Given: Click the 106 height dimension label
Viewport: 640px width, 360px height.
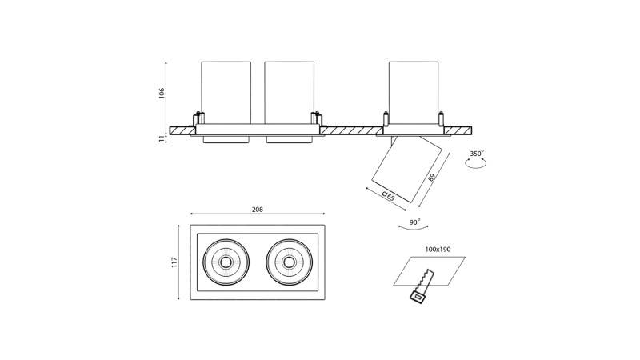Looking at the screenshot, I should click(162, 93).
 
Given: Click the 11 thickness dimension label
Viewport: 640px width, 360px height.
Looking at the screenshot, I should click(162, 138).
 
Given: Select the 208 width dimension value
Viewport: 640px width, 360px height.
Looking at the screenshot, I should click(257, 210).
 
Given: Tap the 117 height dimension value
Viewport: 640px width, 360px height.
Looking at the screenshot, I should click(174, 262).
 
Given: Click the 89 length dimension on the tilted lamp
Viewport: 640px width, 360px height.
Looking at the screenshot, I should click(432, 177).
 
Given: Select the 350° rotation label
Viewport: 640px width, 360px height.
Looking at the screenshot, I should click(477, 153).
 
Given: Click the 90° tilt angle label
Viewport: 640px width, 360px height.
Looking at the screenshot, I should click(414, 222).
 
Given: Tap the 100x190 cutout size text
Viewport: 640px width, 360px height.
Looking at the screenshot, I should click(438, 250).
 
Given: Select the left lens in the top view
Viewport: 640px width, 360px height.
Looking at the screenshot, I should click(226, 262).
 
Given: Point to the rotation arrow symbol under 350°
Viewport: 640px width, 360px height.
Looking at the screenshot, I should click(477, 164).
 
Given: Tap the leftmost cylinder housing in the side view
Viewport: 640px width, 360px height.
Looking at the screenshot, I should click(226, 91).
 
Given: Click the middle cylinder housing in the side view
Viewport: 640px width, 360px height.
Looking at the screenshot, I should click(289, 91).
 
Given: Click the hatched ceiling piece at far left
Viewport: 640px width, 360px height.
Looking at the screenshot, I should click(182, 130).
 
